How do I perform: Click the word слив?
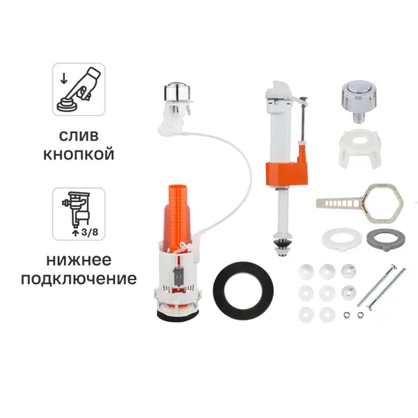click(79, 134)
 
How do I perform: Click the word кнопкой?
click(79, 154)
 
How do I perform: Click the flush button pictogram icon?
click(79, 88)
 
